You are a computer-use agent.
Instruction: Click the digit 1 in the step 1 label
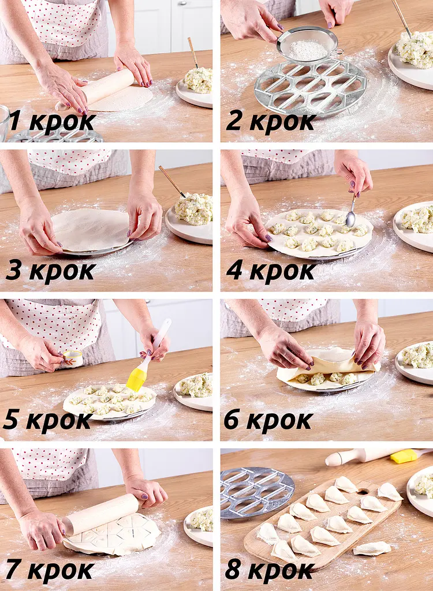click(x=15, y=121)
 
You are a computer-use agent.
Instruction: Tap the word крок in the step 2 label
click(x=282, y=122)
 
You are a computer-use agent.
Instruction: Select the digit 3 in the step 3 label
click(x=14, y=271)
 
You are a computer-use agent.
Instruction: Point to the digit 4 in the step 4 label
click(x=234, y=271)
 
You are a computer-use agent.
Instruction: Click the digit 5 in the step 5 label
click(x=11, y=420)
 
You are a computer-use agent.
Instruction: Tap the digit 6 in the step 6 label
click(x=231, y=420)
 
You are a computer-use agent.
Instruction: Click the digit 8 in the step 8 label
click(x=233, y=570)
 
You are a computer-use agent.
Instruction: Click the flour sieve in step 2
click(x=308, y=45)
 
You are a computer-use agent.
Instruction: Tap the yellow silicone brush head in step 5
click(x=136, y=380)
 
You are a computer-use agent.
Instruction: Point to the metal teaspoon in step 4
click(x=352, y=212)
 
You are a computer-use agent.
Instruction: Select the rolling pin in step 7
click(x=100, y=514)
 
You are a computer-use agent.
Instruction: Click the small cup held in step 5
click(x=72, y=358)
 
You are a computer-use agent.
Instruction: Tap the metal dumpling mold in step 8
click(x=256, y=492)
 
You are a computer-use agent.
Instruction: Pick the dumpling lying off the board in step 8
click(x=372, y=549)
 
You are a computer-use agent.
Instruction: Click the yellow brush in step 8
click(x=404, y=456)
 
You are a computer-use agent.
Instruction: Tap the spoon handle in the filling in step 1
click(x=193, y=52)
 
